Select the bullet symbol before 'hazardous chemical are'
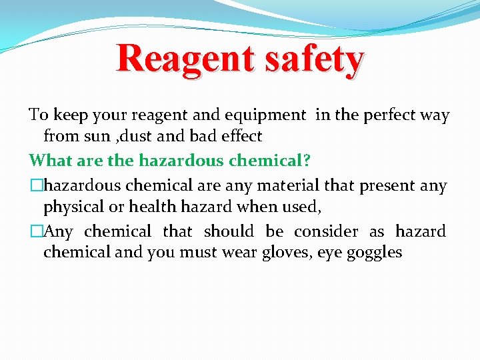click(x=35, y=185)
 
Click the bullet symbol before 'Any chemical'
click(x=35, y=232)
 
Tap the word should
click(x=229, y=231)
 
